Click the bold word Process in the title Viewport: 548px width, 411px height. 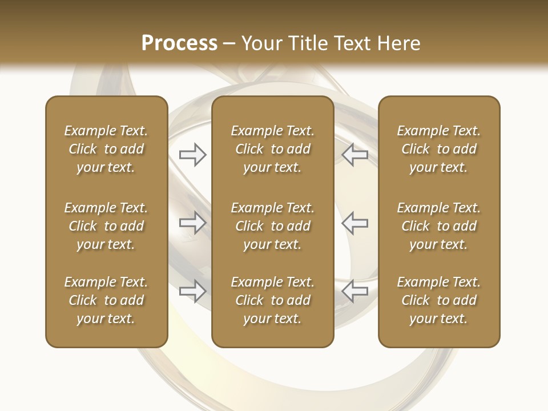click(179, 43)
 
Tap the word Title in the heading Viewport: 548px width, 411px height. click(308, 43)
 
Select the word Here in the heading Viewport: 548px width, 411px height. click(399, 43)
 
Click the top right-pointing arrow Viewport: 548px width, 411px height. click(192, 155)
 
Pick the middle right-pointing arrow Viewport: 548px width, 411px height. click(192, 222)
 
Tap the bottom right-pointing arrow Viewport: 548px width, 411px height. click(192, 291)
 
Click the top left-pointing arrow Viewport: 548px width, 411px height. click(355, 155)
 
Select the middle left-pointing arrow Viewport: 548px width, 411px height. click(355, 222)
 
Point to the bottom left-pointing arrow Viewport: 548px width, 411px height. click(355, 291)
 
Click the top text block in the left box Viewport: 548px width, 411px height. click(106, 149)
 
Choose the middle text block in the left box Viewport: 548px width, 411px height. click(106, 226)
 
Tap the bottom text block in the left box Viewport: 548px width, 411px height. click(106, 300)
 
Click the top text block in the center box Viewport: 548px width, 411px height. click(272, 149)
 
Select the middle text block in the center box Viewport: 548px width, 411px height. click(272, 226)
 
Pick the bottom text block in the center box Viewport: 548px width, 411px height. click(272, 300)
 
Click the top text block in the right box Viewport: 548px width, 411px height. click(439, 149)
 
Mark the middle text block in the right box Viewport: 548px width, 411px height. click(439, 226)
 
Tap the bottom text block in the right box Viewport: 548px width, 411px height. click(439, 300)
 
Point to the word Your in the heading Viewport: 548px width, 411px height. click(262, 43)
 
